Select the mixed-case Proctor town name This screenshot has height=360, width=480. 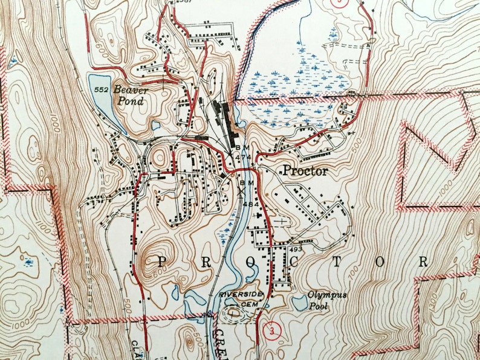pyautogui.click(x=305, y=171)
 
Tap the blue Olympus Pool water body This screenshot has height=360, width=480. pyautogui.click(x=300, y=302)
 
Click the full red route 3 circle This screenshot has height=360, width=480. pyautogui.click(x=272, y=330)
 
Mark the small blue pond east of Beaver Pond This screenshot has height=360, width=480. pyautogui.click(x=155, y=126)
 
